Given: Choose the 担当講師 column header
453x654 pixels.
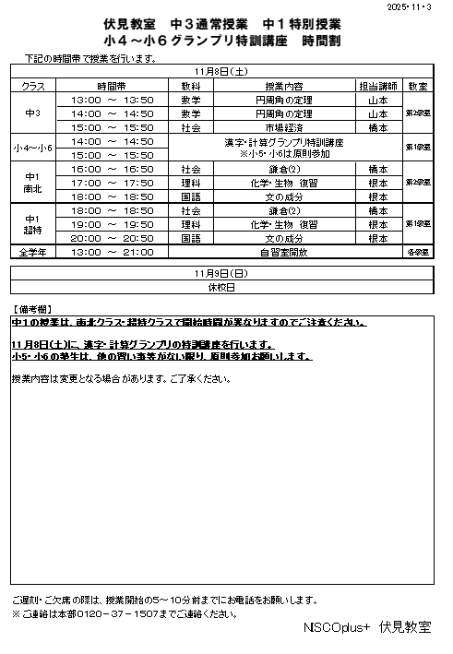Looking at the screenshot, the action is [x=377, y=85].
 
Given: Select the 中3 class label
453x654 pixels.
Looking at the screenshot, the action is [x=32, y=113].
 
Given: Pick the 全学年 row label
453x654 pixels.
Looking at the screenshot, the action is [x=32, y=251].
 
